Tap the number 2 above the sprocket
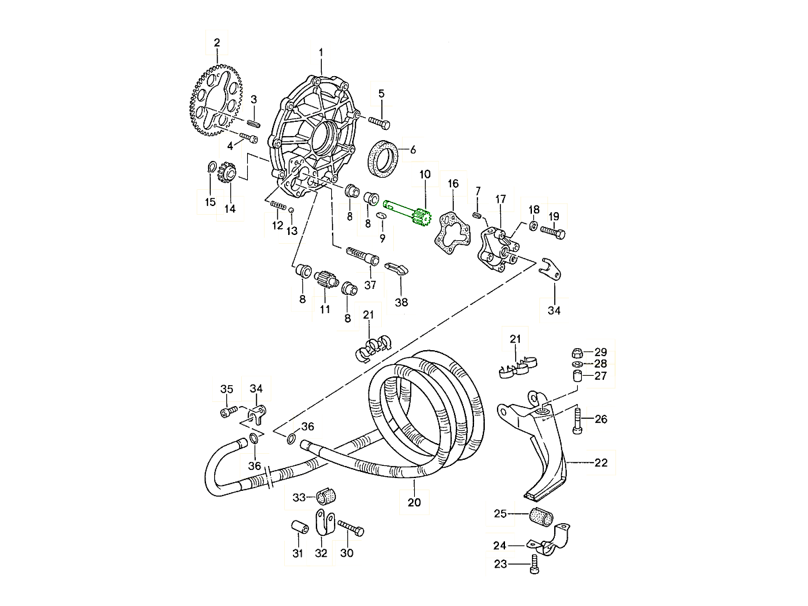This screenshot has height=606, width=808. coord(217,43)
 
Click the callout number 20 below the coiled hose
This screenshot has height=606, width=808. coord(414,502)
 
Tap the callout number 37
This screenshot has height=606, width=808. coord(370,285)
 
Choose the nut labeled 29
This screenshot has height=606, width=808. coord(577,352)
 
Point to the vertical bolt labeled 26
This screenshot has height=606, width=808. coord(577,420)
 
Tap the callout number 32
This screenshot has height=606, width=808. coord(321,554)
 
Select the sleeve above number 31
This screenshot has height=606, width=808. coord(300,527)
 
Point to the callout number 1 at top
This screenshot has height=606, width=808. coord(321,52)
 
